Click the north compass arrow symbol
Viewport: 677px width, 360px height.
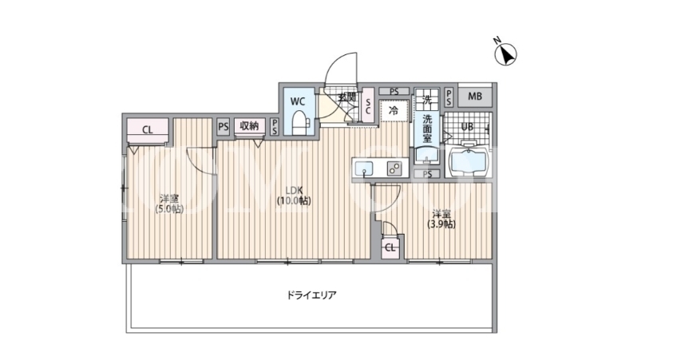pyautogui.click(x=505, y=54)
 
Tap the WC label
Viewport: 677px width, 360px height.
pyautogui.click(x=298, y=102)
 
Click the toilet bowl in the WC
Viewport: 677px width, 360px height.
pyautogui.click(x=299, y=124)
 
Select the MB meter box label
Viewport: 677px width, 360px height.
pyautogui.click(x=475, y=97)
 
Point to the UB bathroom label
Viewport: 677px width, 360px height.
pyautogui.click(x=467, y=127)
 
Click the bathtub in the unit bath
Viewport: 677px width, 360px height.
pyautogui.click(x=468, y=162)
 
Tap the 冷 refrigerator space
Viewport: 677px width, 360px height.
pyautogui.click(x=394, y=110)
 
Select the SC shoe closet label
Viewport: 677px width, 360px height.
pyautogui.click(x=368, y=106)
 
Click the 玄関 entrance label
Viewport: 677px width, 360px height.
pyautogui.click(x=346, y=97)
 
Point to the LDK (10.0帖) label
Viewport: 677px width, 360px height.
pyautogui.click(x=294, y=195)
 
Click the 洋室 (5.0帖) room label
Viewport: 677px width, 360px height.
pyautogui.click(x=169, y=204)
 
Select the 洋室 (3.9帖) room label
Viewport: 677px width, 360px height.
pyautogui.click(x=441, y=219)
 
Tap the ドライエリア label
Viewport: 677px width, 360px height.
pyautogui.click(x=311, y=295)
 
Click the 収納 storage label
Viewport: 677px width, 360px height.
pyautogui.click(x=249, y=126)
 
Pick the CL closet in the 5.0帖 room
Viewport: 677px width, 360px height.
pyautogui.click(x=148, y=130)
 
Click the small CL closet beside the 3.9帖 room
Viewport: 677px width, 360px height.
pyautogui.click(x=390, y=247)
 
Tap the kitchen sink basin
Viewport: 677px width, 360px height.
pyautogui.click(x=365, y=168)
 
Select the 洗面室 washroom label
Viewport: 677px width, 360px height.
pyautogui.click(x=427, y=129)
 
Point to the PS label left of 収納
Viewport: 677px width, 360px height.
pyautogui.click(x=224, y=127)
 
